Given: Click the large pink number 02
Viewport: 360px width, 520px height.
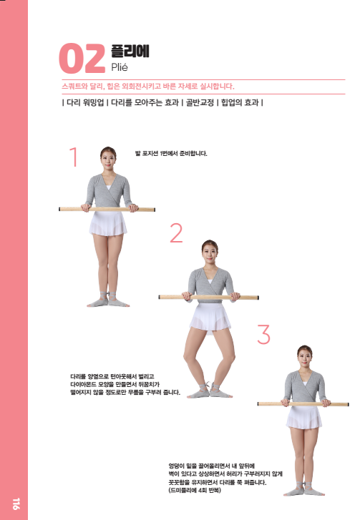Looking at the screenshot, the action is click(x=82, y=59).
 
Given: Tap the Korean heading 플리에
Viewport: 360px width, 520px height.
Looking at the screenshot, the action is click(x=130, y=51).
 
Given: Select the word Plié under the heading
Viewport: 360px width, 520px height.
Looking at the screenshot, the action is click(x=120, y=67).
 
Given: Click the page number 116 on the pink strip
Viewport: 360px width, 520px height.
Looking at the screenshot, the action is click(x=16, y=504).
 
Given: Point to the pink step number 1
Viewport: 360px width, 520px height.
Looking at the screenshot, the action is click(x=74, y=157).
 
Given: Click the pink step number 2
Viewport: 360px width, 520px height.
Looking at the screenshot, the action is click(x=176, y=232).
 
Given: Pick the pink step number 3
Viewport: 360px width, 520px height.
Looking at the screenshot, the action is click(x=264, y=334).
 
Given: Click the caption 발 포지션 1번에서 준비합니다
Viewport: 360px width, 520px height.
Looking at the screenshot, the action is click(x=171, y=154).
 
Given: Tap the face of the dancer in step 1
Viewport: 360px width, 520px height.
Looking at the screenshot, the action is click(x=108, y=159).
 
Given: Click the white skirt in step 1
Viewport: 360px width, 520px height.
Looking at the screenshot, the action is click(x=108, y=223).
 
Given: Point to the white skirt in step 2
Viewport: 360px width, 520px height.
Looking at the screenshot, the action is click(x=210, y=318).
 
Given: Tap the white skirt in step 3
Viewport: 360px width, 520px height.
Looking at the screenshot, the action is click(x=304, y=418).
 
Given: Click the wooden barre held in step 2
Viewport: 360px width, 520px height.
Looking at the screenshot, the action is click(x=209, y=297).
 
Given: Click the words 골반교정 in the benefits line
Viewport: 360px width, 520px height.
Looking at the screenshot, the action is click(x=200, y=102).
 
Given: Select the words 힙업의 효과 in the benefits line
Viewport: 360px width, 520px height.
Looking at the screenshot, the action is click(x=240, y=102).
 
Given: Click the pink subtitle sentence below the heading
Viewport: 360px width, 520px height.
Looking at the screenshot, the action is click(x=148, y=87).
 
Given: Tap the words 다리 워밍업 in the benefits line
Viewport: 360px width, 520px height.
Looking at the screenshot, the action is click(x=86, y=102).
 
